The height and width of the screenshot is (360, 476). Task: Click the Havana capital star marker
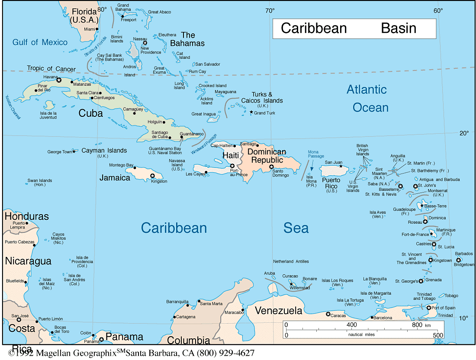tap(59, 80)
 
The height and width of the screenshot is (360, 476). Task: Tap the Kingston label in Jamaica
tap(159, 181)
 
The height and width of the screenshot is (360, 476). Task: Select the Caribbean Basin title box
tap(354, 29)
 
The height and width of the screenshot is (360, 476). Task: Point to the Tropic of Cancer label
tap(51, 68)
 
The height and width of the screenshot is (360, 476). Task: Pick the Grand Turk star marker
tap(251, 112)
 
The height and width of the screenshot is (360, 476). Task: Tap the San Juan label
tap(334, 162)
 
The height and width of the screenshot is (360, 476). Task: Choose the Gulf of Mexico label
tap(40, 42)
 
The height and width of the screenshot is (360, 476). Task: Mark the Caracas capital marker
tap(328, 314)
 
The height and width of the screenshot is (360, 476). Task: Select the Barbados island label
tap(464, 254)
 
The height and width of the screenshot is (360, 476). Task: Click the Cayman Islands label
tap(106, 151)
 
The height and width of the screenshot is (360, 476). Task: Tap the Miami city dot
tap(97, 29)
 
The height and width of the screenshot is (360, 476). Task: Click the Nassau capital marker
tap(145, 43)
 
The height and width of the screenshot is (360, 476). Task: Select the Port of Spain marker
tap(428, 308)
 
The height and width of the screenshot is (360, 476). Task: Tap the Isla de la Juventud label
tap(48, 115)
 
